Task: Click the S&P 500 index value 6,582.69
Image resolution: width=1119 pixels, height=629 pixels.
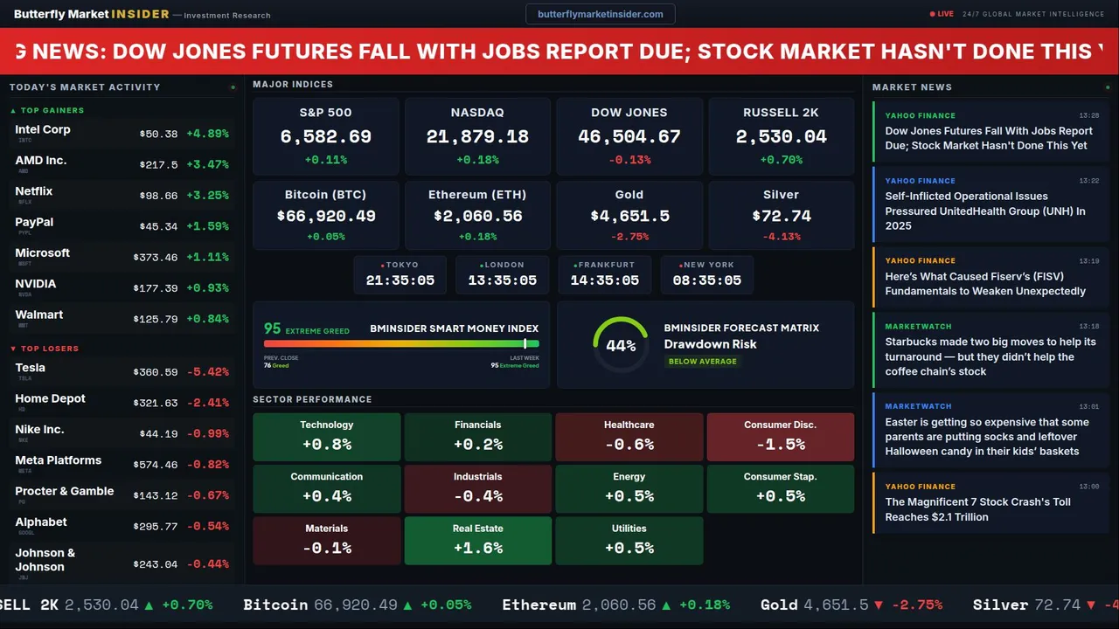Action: coord(325,137)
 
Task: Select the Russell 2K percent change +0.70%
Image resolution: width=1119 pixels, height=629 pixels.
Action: coord(781,160)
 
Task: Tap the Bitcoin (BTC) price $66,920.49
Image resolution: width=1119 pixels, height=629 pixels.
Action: coord(325,216)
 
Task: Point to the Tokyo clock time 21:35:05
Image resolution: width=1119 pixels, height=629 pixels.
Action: coord(400,280)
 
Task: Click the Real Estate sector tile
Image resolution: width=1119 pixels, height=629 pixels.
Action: coord(477,540)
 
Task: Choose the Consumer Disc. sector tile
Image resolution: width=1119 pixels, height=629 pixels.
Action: coord(780,436)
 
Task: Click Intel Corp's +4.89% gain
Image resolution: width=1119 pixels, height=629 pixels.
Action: coord(207,135)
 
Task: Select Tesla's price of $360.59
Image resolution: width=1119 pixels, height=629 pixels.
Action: coord(157,372)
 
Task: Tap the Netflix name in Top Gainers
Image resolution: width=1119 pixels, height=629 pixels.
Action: coord(34,191)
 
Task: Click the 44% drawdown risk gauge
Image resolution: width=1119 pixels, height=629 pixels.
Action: coord(621,345)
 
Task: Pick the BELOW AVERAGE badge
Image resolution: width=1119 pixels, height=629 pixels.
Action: coord(702,362)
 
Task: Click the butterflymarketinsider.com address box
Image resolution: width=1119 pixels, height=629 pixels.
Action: coord(600,14)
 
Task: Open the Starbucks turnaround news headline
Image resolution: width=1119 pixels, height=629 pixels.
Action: coord(990,356)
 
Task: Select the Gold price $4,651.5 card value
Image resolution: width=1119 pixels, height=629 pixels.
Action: coord(629,216)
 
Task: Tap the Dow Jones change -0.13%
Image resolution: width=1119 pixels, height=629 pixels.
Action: coord(629,160)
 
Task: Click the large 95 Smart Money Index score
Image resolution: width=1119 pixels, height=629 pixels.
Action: coord(273,328)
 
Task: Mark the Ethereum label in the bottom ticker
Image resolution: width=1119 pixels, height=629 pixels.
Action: coord(539,605)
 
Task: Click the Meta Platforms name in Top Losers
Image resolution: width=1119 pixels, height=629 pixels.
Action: coord(58,460)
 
